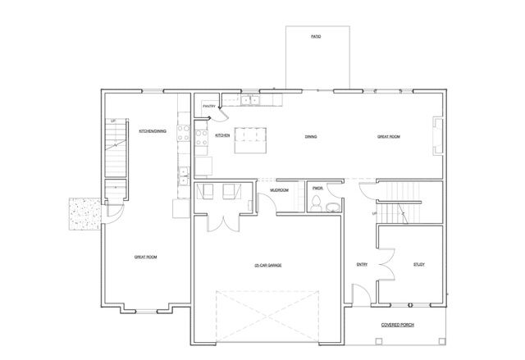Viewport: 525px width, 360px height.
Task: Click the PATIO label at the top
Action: [x=315, y=37]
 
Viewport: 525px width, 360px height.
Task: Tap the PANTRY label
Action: [x=209, y=106]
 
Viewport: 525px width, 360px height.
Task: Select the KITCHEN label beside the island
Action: [x=221, y=135]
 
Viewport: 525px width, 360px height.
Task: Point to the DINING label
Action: [x=311, y=136]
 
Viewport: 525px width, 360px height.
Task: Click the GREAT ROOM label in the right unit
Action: [x=388, y=136]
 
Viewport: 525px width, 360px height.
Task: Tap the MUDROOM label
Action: [x=279, y=190]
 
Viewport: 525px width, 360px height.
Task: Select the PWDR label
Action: [x=318, y=188]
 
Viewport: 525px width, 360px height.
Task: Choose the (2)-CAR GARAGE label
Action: [x=268, y=265]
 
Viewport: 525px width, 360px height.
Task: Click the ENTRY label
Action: [x=361, y=264]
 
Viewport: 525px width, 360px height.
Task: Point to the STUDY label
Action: [x=418, y=264]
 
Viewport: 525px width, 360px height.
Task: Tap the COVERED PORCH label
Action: [x=397, y=325]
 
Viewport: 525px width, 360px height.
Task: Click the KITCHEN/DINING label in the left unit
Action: [x=153, y=130]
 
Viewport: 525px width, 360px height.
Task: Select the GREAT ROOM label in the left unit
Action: [x=145, y=257]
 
